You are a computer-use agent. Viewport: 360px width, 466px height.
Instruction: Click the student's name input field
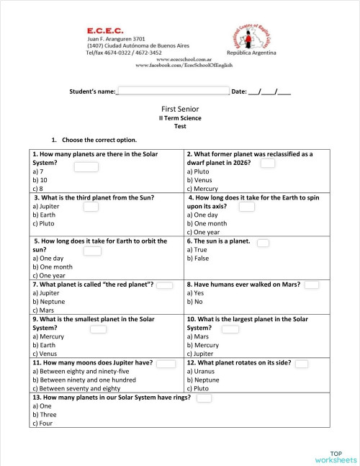[173, 91]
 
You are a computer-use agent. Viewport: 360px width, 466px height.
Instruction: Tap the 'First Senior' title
[180, 109]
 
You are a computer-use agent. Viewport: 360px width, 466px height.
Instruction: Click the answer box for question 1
[86, 167]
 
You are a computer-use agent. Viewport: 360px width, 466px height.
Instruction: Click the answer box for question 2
[268, 163]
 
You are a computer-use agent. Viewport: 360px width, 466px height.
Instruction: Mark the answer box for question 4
[247, 207]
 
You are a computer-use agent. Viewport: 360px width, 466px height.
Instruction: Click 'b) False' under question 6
[199, 258]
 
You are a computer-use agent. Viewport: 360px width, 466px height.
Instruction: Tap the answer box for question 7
[165, 285]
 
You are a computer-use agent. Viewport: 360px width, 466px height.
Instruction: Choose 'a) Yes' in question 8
[197, 293]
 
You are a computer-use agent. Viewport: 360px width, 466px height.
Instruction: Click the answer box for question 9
[98, 329]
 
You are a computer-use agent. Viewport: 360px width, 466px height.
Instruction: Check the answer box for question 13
[204, 398]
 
